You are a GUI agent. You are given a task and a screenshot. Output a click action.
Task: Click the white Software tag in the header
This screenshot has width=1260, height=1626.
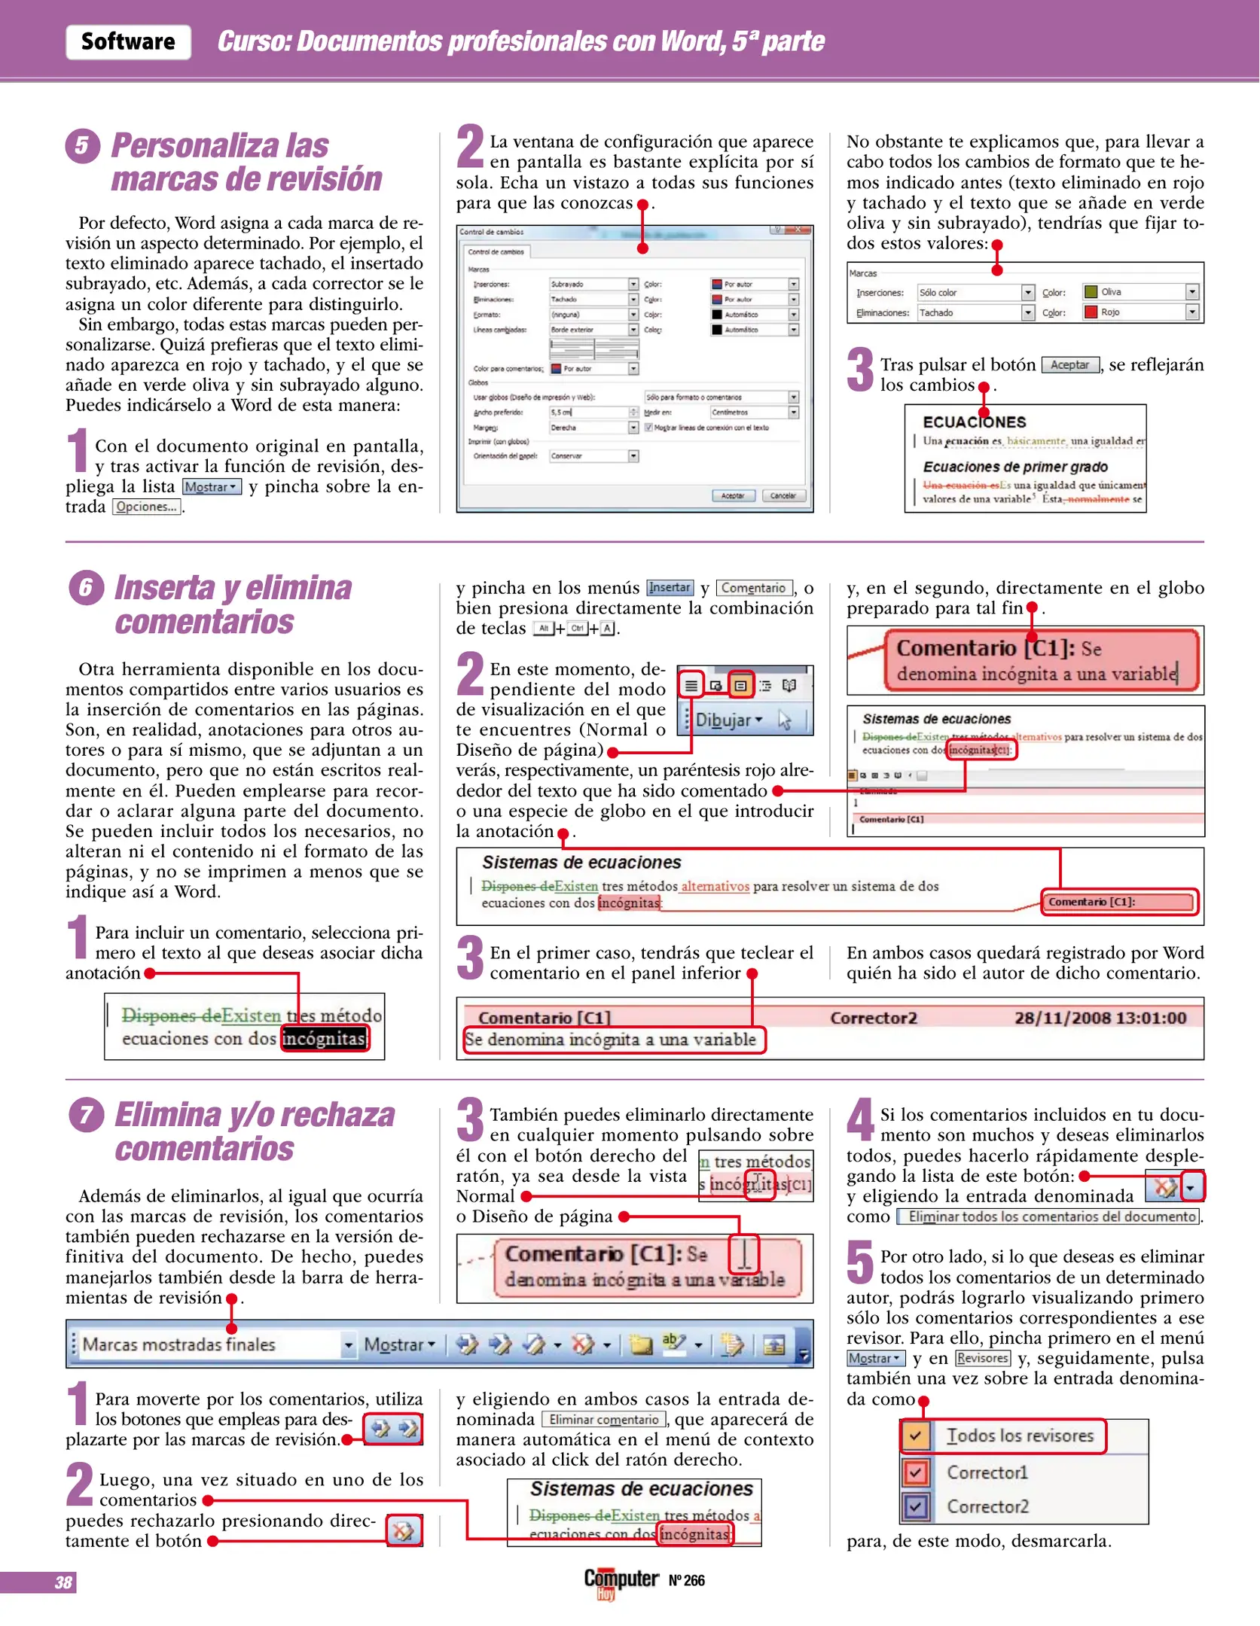(128, 41)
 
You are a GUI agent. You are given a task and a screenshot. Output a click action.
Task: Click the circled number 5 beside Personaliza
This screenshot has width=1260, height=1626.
(82, 146)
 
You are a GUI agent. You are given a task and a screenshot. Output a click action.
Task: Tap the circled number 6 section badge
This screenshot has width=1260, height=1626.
(86, 587)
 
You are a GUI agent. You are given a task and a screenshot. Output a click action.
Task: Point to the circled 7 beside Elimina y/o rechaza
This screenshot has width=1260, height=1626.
(86, 1115)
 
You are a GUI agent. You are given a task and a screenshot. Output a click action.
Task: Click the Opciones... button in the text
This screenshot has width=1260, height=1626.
(147, 507)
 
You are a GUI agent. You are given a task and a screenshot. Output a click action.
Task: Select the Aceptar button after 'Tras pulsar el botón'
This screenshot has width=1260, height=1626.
(1069, 365)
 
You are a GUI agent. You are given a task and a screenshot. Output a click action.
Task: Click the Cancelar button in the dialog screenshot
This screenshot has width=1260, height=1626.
(783, 495)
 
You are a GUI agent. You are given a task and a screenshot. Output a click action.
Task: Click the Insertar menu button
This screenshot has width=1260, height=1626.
(670, 588)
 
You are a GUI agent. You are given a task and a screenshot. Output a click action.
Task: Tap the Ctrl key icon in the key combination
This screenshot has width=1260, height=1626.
(577, 628)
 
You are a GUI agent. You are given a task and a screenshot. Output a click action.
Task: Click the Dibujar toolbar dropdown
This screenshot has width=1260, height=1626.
(728, 720)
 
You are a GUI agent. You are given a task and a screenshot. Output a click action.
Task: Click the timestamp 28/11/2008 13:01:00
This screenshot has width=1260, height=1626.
(1100, 1018)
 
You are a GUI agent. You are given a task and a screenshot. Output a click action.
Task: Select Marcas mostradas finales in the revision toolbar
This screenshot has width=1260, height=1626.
(211, 1344)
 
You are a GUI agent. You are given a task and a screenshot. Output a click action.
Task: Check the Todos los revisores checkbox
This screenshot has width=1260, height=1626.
(915, 1436)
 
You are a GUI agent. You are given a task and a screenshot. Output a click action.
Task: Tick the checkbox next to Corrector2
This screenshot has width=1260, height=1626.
(915, 1506)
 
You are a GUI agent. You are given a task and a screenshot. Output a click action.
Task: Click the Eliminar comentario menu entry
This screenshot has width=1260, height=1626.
(604, 1420)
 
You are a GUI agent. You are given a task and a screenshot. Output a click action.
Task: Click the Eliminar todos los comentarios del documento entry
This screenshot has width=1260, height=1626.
(1051, 1216)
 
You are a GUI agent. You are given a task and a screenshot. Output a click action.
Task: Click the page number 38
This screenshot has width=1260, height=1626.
(63, 1582)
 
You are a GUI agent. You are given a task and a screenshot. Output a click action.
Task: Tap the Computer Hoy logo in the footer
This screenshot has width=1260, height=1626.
(621, 1581)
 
